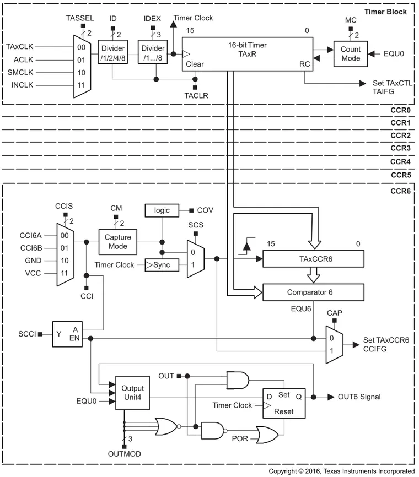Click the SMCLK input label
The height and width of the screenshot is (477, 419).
click(22, 72)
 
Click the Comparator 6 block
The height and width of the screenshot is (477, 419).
click(314, 292)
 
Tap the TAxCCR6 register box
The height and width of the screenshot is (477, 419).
click(314, 258)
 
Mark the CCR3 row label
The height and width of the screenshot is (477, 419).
click(400, 149)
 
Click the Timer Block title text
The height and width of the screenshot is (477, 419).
click(388, 12)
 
